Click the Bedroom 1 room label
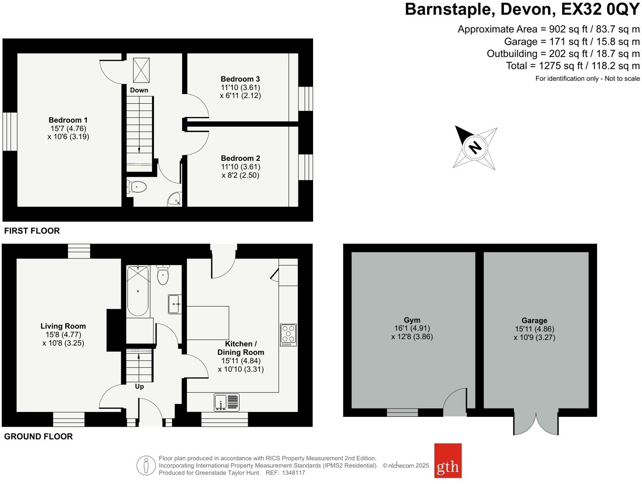point(68,120)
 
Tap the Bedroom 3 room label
point(240,79)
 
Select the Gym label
point(412,320)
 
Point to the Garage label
point(534,321)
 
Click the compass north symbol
point(475,147)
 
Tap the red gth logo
point(448,461)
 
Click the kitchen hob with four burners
point(288,335)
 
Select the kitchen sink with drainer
point(227,402)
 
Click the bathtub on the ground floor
point(138,291)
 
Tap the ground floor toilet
point(163,276)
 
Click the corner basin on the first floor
point(175,200)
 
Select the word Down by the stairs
point(139,90)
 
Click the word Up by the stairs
point(139,386)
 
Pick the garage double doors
point(536,423)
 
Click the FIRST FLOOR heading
point(32,231)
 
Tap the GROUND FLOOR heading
point(38,436)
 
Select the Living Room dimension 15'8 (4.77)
point(63,335)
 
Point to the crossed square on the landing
point(141,70)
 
